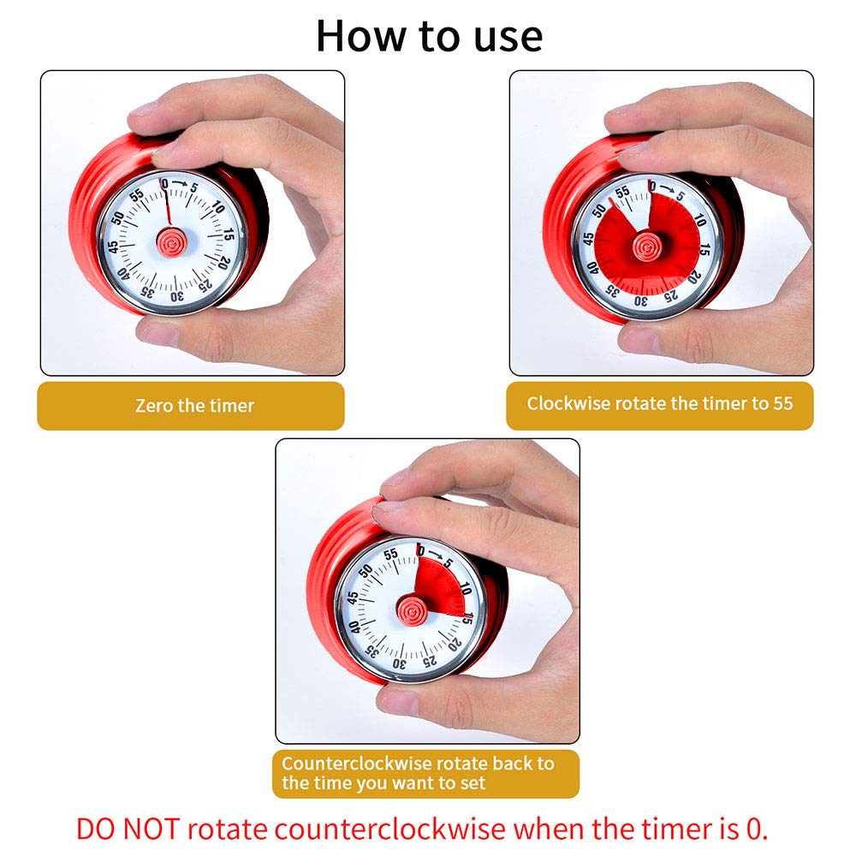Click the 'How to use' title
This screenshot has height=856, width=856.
click(429, 37)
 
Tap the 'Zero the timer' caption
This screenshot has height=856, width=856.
click(194, 406)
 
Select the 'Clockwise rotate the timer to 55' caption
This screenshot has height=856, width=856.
click(660, 403)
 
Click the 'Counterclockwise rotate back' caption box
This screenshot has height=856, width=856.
click(425, 773)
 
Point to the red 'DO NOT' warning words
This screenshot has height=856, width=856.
click(128, 829)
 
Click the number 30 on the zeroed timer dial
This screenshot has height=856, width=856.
click(177, 296)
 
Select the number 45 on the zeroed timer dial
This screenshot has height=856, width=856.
click(113, 247)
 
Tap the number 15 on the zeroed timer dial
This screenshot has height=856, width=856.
click(229, 233)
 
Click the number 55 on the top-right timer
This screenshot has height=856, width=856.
click(622, 192)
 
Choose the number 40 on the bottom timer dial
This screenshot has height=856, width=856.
click(354, 627)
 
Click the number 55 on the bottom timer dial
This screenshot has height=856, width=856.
click(391, 555)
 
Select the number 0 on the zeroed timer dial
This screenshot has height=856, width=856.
click(164, 183)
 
